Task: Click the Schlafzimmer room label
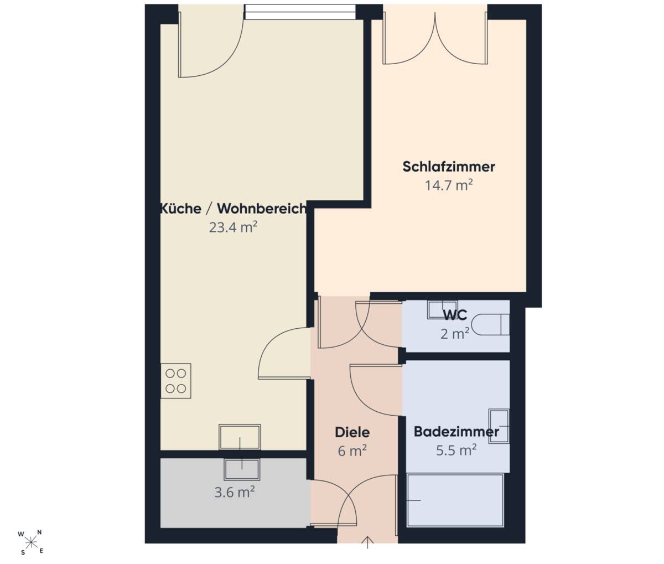[448, 167]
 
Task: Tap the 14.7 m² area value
[449, 185]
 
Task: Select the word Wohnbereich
[262, 209]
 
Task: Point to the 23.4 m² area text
[233, 227]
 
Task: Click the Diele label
[352, 432]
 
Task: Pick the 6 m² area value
[352, 451]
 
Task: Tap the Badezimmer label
[456, 432]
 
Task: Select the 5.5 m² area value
[456, 450]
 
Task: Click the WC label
[455, 315]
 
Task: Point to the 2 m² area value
[455, 334]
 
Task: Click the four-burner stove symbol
[176, 381]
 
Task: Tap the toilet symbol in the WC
[491, 324]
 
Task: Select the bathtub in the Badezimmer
[455, 500]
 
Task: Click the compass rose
[31, 542]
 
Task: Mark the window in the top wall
[300, 12]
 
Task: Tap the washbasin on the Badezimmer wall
[499, 426]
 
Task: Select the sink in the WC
[442, 310]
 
